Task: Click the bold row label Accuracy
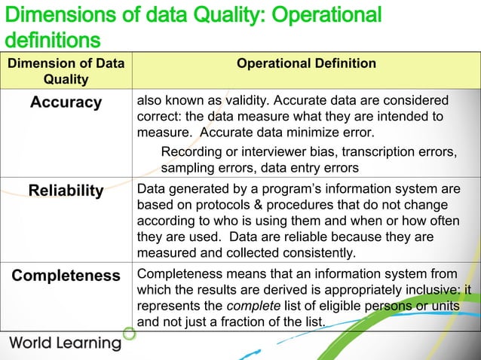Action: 66,102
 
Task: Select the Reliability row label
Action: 66,191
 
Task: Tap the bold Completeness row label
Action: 66,276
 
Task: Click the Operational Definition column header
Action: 306,63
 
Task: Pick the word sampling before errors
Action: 187,167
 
